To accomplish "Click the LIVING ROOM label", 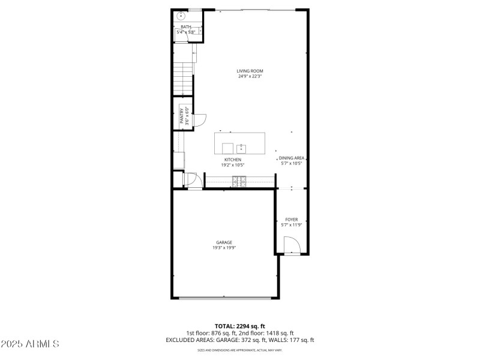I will tap(250, 71).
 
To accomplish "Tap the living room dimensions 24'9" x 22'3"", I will tap(250, 77).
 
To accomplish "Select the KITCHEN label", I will tap(233, 160).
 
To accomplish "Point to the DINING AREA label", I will tap(292, 158).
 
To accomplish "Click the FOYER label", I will tap(292, 220).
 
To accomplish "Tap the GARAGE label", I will tap(224, 242).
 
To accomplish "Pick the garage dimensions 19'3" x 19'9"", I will tap(224, 248).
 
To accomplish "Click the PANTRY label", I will tap(181, 115).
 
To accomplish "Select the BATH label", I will tap(186, 26).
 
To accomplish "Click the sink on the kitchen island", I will tap(241, 148).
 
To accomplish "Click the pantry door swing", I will tap(201, 119).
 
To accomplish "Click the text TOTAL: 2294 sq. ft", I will tap(240, 325).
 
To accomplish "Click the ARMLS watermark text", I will tap(30, 344).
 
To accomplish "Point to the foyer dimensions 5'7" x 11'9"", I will tap(292, 225).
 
